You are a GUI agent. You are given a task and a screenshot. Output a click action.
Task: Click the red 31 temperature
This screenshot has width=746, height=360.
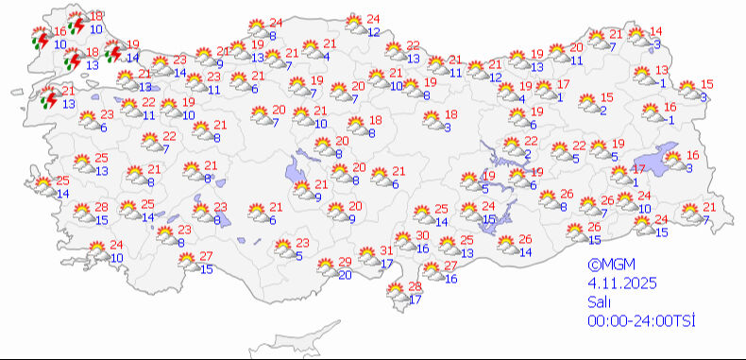[386, 250]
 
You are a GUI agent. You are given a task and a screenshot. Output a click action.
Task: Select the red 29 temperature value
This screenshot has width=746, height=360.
[345, 261]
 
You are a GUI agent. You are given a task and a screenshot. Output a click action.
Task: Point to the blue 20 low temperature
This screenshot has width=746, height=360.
[345, 274]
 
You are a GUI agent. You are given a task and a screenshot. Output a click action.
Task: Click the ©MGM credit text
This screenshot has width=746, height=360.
[608, 266]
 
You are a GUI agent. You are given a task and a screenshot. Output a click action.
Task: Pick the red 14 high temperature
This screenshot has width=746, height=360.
[656, 31]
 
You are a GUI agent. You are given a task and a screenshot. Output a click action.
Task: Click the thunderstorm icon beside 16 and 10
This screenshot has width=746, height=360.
[40, 40]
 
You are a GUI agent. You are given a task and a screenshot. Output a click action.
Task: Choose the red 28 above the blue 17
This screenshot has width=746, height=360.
[414, 286]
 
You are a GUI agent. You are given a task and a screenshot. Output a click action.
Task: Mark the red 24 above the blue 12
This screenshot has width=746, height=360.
[373, 19]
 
